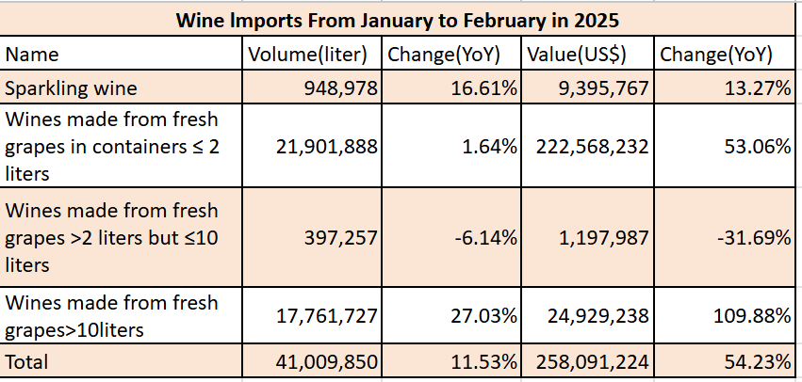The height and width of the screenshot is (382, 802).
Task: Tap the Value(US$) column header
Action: tap(573, 55)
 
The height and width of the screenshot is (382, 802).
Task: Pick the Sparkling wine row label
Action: tap(71, 88)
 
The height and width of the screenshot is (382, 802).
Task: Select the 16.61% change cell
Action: tap(481, 88)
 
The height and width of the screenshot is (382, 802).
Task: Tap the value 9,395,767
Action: tap(597, 88)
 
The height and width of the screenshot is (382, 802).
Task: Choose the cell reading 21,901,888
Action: tap(323, 146)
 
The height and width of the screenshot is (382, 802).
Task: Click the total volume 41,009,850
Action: tap(323, 361)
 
